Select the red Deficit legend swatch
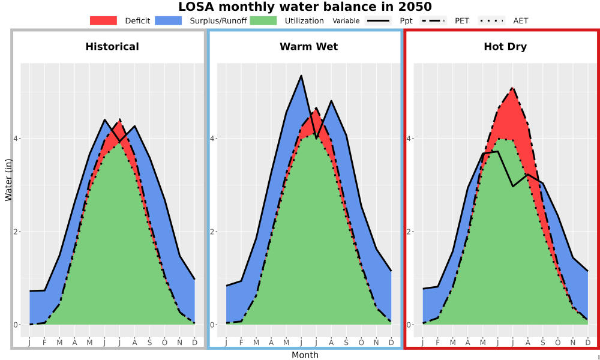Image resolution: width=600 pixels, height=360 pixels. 103,20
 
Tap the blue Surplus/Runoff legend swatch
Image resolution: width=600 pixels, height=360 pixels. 169,20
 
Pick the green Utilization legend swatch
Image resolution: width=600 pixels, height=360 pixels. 263,20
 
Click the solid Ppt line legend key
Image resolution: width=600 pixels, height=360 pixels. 377,20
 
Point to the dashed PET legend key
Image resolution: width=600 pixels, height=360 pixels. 433,20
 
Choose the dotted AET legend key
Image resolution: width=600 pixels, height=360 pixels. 491,20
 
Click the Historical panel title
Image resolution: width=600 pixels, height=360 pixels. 112,47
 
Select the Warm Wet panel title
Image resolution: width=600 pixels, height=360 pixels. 309,47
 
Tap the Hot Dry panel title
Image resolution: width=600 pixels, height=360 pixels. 505,47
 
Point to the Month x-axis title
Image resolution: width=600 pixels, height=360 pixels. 305,355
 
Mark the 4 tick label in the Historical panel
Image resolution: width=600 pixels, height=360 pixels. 16,138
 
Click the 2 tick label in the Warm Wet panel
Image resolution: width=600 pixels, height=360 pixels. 213,232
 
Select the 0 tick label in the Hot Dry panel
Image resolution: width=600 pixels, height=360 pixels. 409,325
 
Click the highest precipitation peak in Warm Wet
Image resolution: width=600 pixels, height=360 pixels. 301,76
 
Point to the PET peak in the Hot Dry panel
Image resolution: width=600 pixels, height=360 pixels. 512,88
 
